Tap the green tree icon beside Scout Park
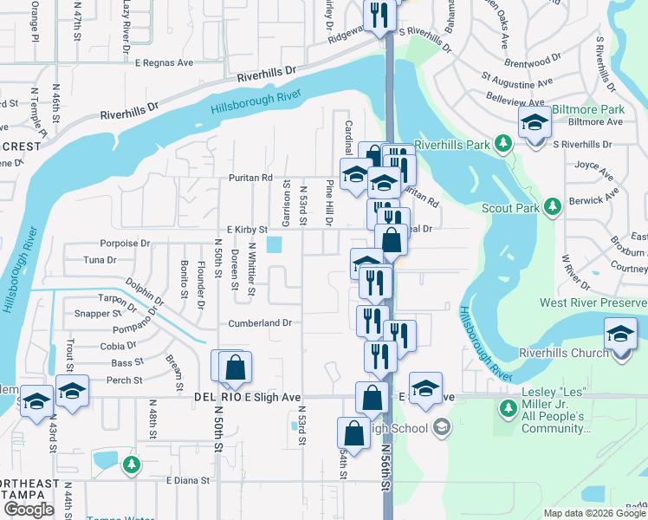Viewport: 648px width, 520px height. [x=550, y=207]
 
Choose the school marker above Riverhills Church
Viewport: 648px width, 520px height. [x=621, y=335]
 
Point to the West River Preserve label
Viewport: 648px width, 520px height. [x=593, y=302]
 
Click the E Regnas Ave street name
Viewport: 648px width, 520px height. [x=164, y=62]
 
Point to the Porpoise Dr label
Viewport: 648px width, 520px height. [x=126, y=244]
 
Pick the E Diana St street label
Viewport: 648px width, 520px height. [x=182, y=479]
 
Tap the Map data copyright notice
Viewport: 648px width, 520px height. [x=593, y=513]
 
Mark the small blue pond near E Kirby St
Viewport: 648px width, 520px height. [x=275, y=245]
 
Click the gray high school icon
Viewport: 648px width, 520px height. [x=442, y=426]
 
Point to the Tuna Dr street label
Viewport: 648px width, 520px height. [x=100, y=260]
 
